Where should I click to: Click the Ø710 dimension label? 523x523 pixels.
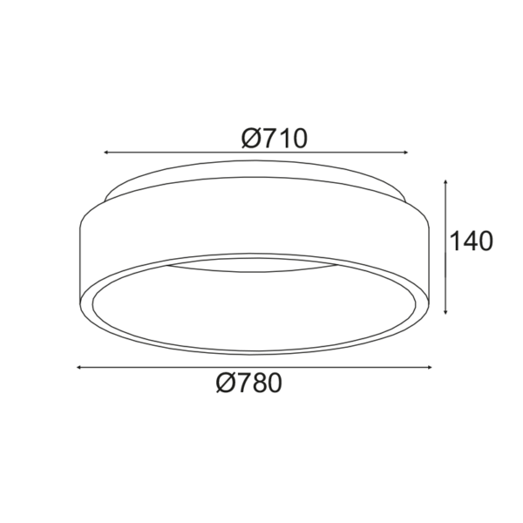274,138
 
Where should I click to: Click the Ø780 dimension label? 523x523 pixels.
249,383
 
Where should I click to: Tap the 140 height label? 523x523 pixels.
471,241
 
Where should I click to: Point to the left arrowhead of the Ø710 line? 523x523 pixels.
106,153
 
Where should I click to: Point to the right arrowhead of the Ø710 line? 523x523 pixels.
405,153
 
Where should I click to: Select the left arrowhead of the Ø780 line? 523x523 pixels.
79,367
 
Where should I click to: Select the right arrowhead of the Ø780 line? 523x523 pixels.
429,367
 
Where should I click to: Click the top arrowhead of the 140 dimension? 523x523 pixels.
445,182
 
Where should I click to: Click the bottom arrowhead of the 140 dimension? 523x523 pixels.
445,311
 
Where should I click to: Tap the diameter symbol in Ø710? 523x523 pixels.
250,138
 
